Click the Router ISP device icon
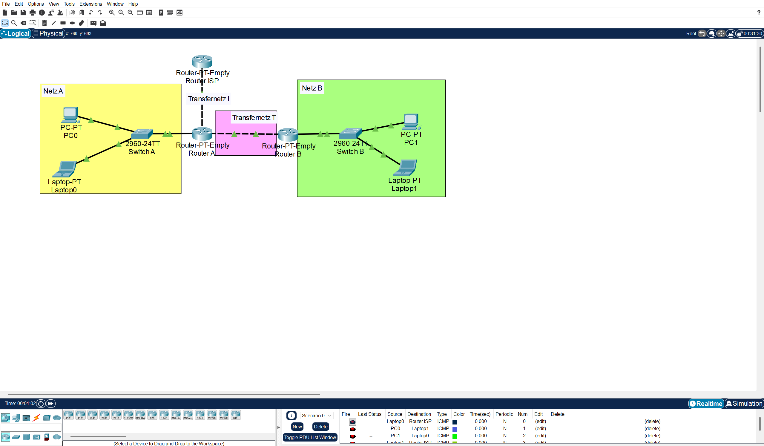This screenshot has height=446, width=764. pyautogui.click(x=202, y=62)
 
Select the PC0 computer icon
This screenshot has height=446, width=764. pyautogui.click(x=70, y=115)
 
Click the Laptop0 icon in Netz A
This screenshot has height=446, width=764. pyautogui.click(x=65, y=169)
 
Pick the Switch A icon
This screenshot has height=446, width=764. pyautogui.click(x=142, y=134)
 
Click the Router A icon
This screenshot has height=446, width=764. pyautogui.click(x=202, y=134)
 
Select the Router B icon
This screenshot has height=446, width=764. pyautogui.click(x=288, y=134)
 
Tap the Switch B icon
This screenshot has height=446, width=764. pyautogui.click(x=350, y=134)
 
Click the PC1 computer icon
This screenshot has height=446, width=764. pyautogui.click(x=411, y=121)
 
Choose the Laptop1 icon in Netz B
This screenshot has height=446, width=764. pyautogui.click(x=405, y=168)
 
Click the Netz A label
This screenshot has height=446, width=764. pyautogui.click(x=53, y=91)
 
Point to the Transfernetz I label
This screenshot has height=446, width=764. pyautogui.click(x=208, y=99)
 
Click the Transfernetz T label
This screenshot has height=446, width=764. pyautogui.click(x=254, y=118)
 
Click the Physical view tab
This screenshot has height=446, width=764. pyautogui.click(x=48, y=33)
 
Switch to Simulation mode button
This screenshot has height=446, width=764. pyautogui.click(x=744, y=404)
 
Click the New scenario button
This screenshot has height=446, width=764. pyautogui.click(x=297, y=427)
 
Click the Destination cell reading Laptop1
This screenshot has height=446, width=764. pyautogui.click(x=420, y=429)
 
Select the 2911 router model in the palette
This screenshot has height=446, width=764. pyautogui.click(x=116, y=415)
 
